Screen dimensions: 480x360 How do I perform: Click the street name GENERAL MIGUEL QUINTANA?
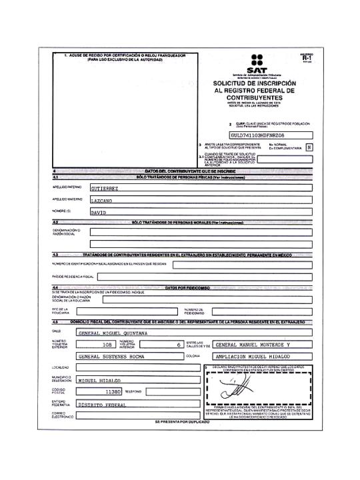[x=114, y=331]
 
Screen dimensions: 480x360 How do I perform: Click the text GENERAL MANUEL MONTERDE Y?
[x=251, y=345]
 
